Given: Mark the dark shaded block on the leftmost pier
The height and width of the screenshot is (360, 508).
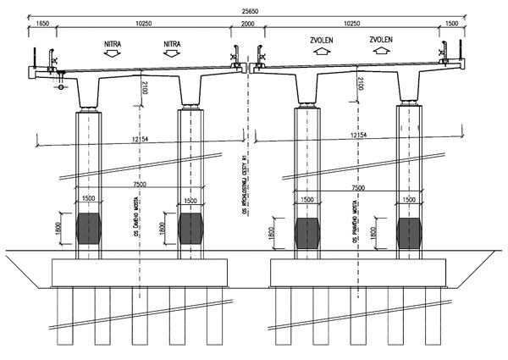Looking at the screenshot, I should (x=90, y=230).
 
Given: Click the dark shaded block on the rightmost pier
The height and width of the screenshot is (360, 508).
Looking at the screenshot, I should (x=410, y=230).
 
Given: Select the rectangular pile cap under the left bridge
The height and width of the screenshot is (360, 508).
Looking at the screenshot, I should (x=141, y=272).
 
